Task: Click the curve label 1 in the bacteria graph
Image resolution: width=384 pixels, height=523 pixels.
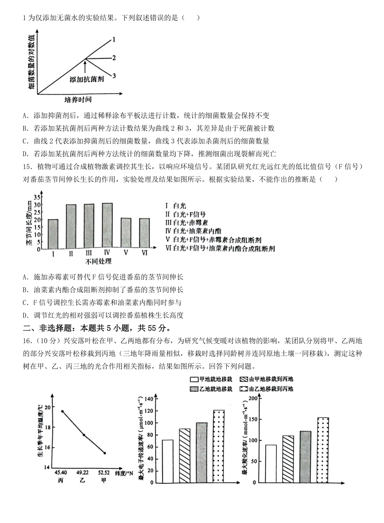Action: pyautogui.click(x=114, y=39)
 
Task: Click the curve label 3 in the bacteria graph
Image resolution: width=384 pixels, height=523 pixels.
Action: pyautogui.click(x=114, y=75)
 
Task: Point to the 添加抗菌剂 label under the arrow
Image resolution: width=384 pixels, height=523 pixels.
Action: pyautogui.click(x=87, y=79)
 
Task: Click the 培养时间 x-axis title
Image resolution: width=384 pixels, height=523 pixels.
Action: pyautogui.click(x=78, y=100)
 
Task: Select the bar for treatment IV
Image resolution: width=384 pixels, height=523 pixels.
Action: pyautogui.click(x=107, y=226)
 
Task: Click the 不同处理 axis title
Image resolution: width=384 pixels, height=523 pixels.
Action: pyautogui.click(x=98, y=261)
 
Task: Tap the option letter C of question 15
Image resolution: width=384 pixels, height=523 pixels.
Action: pyautogui.click(x=25, y=303)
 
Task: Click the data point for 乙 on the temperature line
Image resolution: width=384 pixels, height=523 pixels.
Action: pyautogui.click(x=84, y=435)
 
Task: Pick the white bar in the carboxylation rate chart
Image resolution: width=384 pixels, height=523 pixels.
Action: pyautogui.click(x=271, y=463)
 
